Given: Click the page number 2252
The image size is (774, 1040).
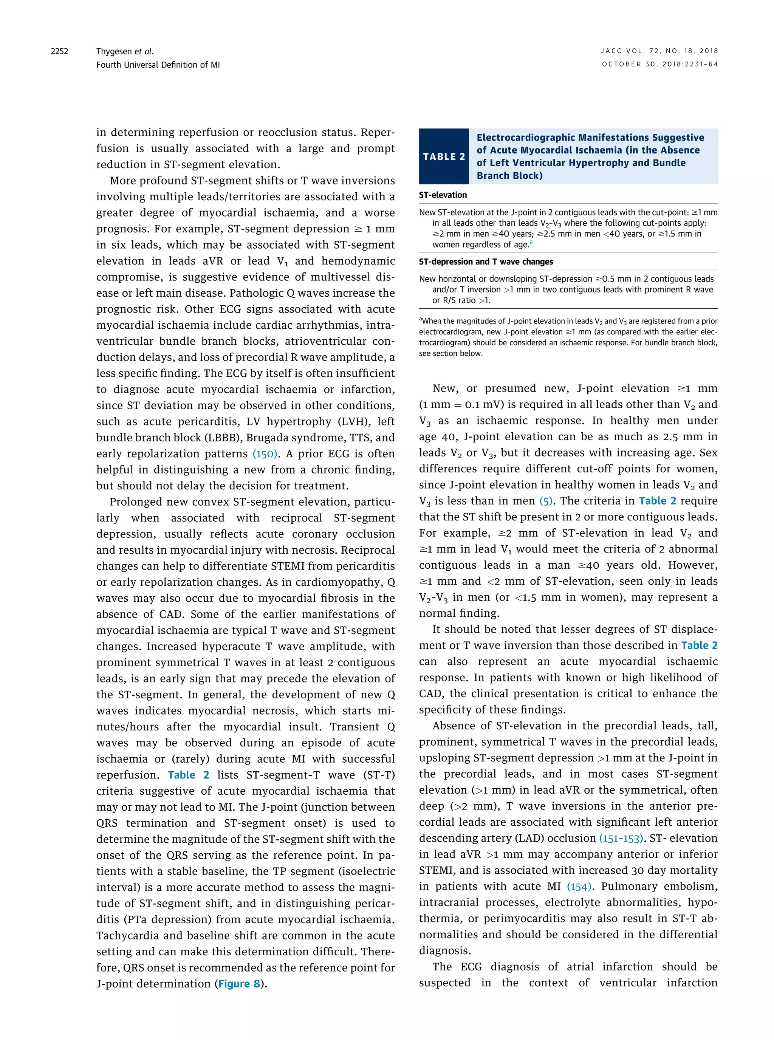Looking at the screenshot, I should pos(59,51).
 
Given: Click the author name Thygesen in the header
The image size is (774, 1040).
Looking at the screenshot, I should pos(113,51).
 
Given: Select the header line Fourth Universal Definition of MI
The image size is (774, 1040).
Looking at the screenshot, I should pos(158,65).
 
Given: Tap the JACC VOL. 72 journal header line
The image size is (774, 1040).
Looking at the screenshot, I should pos(659,51).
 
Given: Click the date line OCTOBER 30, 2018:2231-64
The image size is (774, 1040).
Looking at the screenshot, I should pos(660,64).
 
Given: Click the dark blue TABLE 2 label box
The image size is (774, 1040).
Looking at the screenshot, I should pos(444,156).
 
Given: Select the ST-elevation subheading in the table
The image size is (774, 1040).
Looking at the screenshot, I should pos(443,195).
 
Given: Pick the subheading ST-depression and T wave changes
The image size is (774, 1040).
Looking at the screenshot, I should pos(486,262).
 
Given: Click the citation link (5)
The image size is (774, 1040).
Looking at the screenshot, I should pos(546,501).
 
